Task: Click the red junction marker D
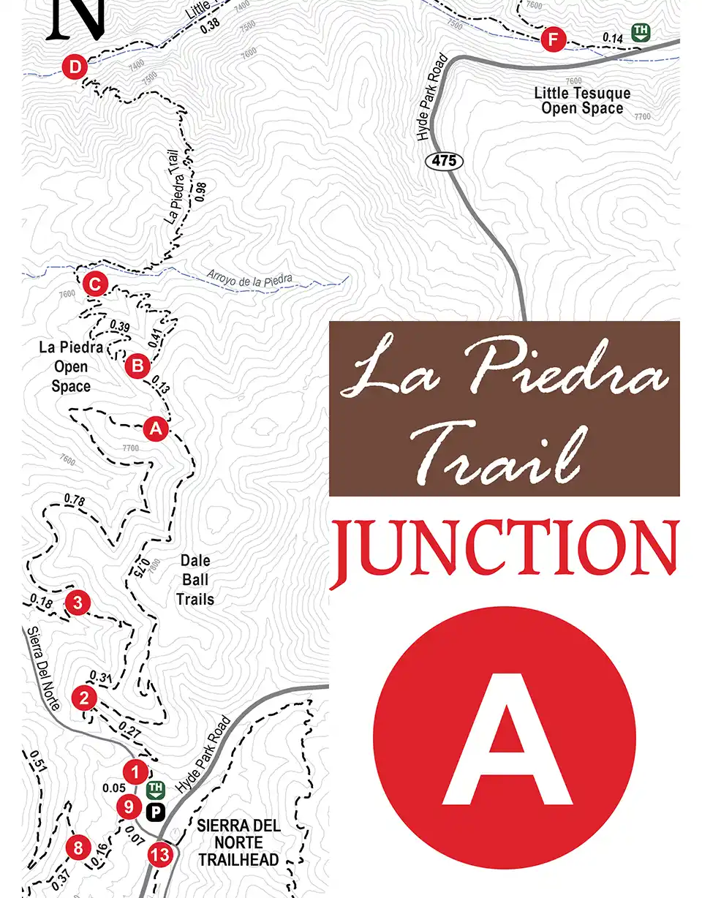[75, 68]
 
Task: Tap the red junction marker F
[553, 39]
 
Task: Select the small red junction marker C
[95, 284]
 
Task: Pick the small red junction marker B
[137, 366]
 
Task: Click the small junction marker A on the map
[156, 429]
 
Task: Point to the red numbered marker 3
[78, 603]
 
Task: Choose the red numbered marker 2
[84, 698]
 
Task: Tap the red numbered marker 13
[159, 853]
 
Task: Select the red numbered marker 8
[78, 848]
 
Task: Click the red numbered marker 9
[129, 807]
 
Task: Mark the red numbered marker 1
[135, 771]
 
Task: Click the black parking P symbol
[156, 811]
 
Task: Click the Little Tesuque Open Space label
[582, 101]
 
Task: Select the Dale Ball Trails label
[195, 580]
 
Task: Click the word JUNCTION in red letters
[505, 547]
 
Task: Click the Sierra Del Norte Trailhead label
[238, 842]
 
